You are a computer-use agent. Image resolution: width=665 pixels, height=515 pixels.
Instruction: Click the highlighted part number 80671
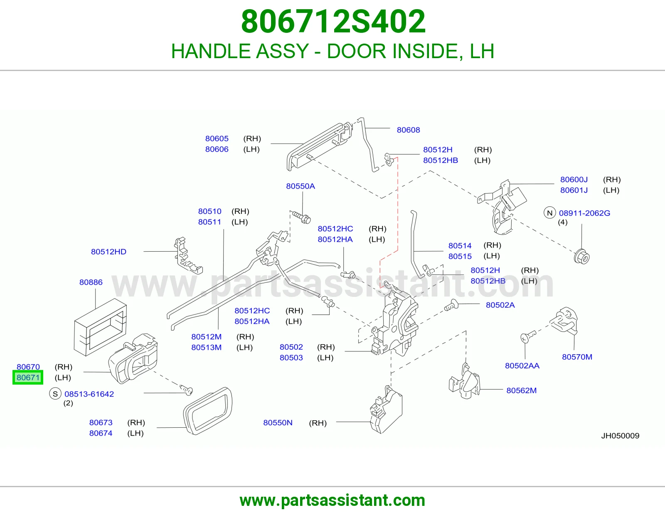(28, 378)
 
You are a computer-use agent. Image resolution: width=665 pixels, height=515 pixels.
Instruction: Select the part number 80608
(408, 130)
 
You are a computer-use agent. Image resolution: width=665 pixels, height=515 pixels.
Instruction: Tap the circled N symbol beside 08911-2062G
(549, 213)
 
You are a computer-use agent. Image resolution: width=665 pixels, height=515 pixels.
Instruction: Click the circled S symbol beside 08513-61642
(55, 394)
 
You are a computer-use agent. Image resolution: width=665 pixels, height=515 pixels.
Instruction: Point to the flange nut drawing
(581, 257)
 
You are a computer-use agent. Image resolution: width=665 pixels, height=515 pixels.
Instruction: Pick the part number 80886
(91, 282)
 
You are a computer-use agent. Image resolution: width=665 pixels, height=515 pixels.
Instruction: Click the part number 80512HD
(108, 252)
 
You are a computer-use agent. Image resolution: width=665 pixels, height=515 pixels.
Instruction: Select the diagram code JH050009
(620, 436)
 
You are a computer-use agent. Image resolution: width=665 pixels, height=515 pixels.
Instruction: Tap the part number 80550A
(300, 186)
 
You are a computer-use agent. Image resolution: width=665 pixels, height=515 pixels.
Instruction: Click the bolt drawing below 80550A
(301, 217)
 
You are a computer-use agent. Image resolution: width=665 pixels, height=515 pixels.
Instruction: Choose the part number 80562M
(522, 390)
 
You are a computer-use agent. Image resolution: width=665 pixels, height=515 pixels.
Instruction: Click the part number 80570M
(577, 357)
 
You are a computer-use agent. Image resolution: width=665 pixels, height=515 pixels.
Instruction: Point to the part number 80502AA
(522, 366)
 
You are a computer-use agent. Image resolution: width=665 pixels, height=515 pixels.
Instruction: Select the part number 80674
(101, 433)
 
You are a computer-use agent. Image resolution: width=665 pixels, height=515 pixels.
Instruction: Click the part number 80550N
(278, 423)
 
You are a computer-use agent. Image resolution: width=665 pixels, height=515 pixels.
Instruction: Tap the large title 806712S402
(333, 22)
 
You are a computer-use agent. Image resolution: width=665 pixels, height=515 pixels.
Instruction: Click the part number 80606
(217, 149)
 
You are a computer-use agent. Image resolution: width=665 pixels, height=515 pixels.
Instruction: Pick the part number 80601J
(574, 190)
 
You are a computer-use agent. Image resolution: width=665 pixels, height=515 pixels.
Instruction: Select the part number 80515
(460, 256)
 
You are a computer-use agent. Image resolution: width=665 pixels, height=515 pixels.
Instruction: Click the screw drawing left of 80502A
(451, 305)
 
